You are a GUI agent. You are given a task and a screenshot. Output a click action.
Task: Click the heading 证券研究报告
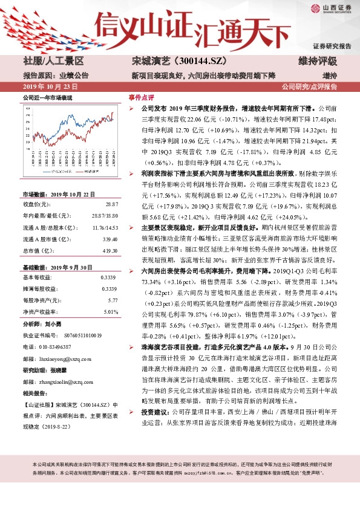332,46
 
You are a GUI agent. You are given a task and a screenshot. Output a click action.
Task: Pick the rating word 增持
329,76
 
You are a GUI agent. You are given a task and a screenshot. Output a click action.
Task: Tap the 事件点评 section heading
141,97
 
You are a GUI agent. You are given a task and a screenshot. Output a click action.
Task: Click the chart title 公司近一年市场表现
47,97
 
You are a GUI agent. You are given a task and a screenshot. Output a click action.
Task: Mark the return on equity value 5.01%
111,312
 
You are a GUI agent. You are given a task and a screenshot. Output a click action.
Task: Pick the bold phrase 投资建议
154,445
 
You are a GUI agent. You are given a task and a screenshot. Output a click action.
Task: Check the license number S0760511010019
76,336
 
